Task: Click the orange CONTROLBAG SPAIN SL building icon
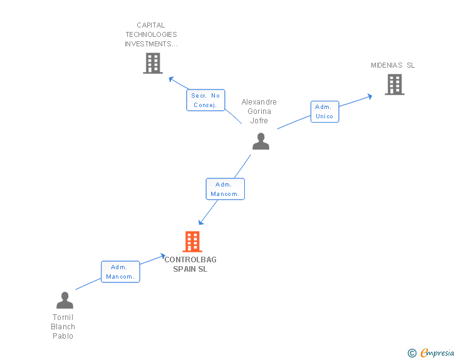(192, 241)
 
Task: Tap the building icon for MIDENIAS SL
(394, 85)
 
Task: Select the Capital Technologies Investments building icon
(152, 63)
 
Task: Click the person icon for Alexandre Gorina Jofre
(261, 141)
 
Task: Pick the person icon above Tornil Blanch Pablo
(65, 301)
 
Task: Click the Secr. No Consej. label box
(205, 100)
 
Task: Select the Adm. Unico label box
(324, 111)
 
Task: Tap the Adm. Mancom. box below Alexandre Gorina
(225, 189)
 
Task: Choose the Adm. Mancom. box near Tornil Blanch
(120, 272)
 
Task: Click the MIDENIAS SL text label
(393, 65)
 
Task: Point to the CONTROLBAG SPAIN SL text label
(190, 264)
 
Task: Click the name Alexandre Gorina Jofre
(259, 111)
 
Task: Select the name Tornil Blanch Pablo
(63, 327)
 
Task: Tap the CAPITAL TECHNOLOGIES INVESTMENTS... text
(151, 35)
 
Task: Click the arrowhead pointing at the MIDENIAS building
(370, 96)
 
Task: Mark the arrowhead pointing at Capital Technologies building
(170, 79)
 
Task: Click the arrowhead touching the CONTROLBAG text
(162, 257)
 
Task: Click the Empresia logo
(437, 353)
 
